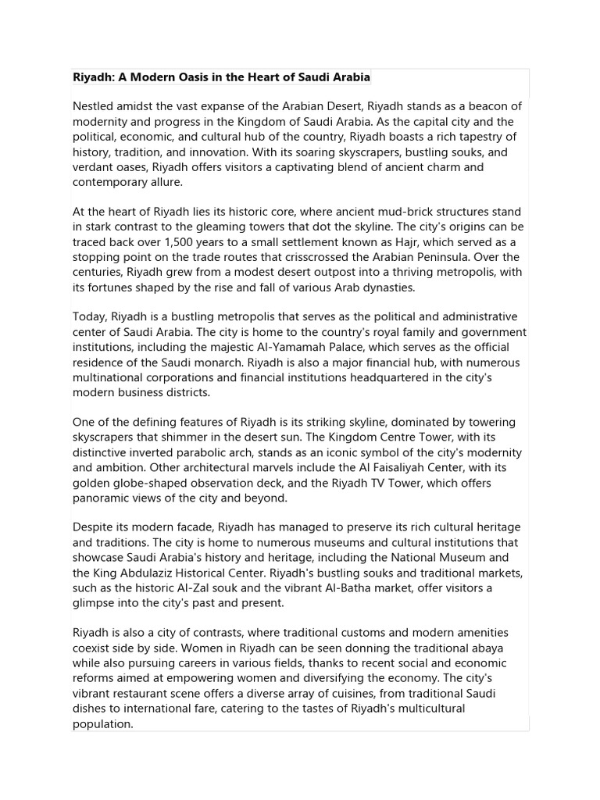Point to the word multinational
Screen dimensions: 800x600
click(111, 378)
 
